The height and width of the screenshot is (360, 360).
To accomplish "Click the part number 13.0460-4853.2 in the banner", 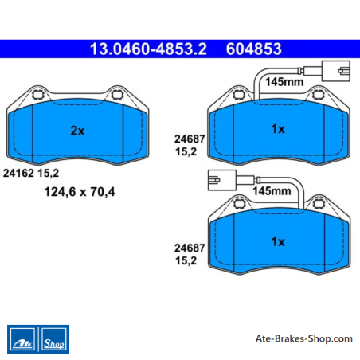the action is point(148,49).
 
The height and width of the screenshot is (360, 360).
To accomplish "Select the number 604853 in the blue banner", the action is point(254,49).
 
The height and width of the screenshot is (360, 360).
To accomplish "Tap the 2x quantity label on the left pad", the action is point(77,131).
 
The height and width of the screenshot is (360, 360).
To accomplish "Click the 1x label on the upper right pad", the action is point(278,129).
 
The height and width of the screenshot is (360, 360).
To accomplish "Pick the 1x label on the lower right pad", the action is point(278,241).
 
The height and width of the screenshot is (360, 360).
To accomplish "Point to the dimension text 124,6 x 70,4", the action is point(80,192).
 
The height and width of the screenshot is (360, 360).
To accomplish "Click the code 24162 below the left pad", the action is point(18,173).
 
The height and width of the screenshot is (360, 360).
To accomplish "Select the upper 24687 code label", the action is point(190,139).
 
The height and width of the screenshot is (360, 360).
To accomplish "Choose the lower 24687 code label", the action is point(190,248).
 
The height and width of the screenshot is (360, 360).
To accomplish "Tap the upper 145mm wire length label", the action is point(284,82).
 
